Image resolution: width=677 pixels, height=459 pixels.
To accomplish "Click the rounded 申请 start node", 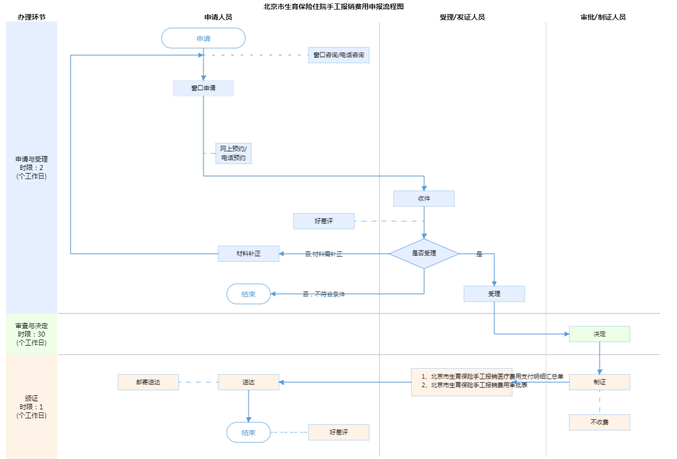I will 203,38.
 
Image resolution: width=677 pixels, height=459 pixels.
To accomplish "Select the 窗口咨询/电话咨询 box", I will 339,55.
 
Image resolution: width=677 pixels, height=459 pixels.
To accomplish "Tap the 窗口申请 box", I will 203,88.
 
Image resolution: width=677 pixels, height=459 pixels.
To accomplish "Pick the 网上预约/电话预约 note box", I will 233,153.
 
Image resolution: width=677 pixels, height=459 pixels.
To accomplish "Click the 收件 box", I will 424,199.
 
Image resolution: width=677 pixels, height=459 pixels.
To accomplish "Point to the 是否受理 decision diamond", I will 424,253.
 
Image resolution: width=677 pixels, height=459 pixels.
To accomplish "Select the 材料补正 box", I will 248,254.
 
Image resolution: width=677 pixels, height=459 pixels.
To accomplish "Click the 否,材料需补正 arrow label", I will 324,254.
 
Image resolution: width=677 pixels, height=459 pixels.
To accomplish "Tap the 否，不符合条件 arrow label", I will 324,294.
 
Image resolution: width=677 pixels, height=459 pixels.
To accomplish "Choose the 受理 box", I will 494,294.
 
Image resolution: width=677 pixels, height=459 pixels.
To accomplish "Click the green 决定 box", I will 599,334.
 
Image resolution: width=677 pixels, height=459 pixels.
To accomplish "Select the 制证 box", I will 599,382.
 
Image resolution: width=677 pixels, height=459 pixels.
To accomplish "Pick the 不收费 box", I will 599,422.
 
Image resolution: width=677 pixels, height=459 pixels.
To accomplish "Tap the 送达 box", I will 248,382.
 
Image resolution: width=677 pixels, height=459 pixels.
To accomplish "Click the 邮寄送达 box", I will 148,382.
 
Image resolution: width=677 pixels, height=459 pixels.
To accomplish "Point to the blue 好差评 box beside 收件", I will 323,221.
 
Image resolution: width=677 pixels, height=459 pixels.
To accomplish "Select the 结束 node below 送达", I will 248,432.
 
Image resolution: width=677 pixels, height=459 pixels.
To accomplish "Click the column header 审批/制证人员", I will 603,17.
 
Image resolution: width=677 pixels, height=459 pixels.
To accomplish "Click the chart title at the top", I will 333,7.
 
